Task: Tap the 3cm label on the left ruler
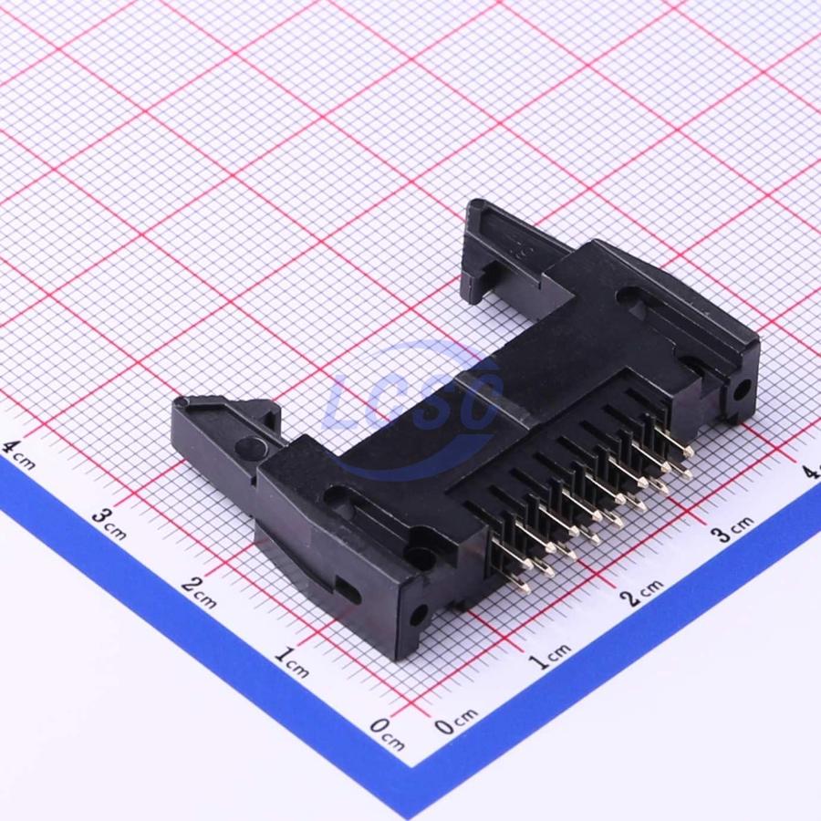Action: (109, 523)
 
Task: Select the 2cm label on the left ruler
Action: (200, 592)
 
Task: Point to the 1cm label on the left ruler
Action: (292, 661)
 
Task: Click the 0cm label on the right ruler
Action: (456, 721)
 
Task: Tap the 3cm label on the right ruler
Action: (733, 528)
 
